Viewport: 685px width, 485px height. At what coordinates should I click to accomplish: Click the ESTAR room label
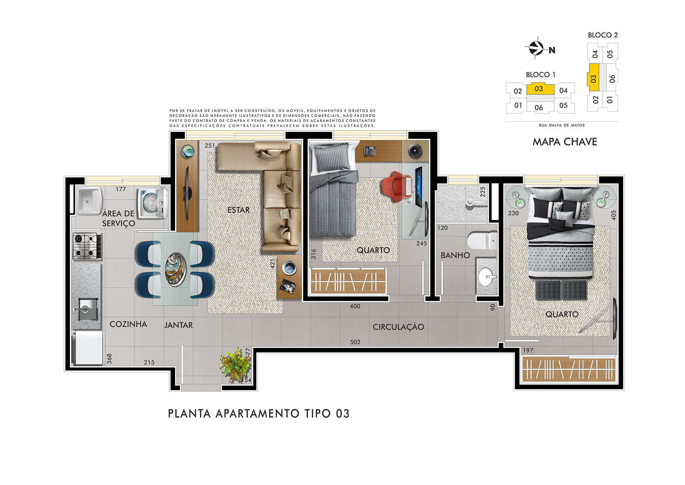click(238, 210)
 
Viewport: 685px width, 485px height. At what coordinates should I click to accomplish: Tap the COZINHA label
click(128, 324)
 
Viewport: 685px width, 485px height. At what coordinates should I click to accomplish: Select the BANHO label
click(455, 255)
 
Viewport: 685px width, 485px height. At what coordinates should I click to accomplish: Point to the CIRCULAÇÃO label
click(398, 327)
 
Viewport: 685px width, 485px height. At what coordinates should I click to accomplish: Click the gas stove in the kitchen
click(87, 246)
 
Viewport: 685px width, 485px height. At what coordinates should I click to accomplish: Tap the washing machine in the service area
click(153, 203)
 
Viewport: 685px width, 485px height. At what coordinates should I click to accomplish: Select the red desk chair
click(397, 187)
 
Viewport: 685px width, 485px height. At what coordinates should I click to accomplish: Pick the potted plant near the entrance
click(235, 365)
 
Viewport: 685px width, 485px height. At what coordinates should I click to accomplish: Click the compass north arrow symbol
click(536, 48)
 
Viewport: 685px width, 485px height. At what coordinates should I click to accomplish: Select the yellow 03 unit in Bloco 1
click(540, 88)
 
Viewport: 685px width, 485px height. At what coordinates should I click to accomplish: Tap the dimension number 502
click(355, 342)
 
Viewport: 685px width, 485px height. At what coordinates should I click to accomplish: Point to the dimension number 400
click(355, 306)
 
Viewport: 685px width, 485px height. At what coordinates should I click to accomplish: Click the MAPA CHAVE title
click(565, 142)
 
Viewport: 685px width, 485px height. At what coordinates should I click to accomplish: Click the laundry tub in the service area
click(89, 200)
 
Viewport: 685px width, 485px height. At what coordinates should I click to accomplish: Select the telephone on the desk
click(370, 151)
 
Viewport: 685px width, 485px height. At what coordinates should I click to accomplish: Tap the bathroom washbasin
click(486, 276)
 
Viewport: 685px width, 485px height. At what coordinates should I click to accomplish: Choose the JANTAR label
click(178, 325)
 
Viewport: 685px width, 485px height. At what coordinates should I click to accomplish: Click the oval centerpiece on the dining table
click(175, 270)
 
